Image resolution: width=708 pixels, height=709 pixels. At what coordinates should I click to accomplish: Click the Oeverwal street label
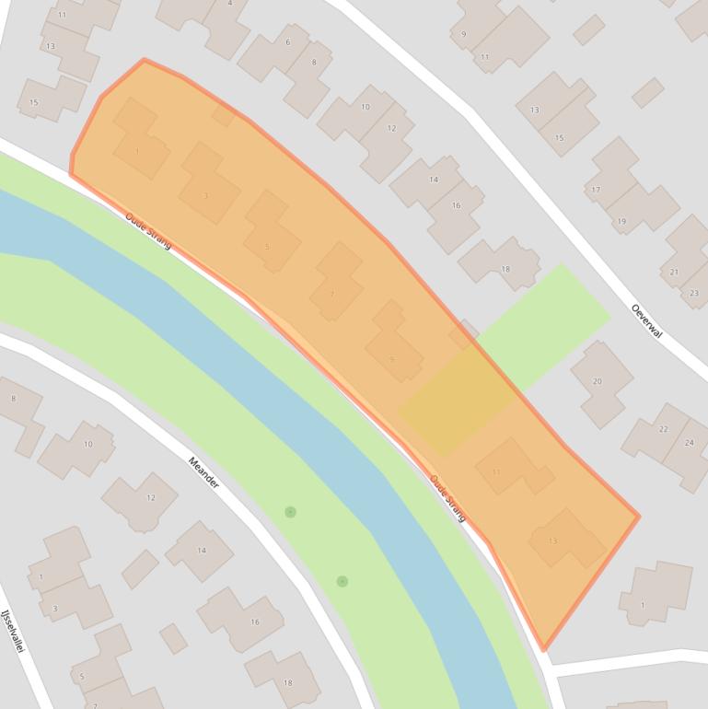(x=647, y=320)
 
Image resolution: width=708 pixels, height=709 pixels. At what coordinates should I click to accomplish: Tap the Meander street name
(x=203, y=472)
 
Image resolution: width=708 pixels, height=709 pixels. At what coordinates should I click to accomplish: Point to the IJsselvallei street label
(x=10, y=632)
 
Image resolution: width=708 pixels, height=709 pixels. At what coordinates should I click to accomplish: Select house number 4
(x=230, y=4)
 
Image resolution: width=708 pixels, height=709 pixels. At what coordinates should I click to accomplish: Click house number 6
(x=288, y=42)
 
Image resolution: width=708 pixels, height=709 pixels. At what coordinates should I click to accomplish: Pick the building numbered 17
(x=596, y=190)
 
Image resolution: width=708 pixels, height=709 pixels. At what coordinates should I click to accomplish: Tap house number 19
(x=621, y=221)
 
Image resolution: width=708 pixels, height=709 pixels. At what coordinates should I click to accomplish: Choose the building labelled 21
(x=674, y=272)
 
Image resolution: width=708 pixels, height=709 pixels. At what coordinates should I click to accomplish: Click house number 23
(x=693, y=293)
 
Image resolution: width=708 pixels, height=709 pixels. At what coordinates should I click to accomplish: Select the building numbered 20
(x=597, y=381)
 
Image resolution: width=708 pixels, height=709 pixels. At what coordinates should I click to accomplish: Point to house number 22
(x=663, y=429)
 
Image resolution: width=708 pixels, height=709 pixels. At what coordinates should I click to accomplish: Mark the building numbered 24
(x=689, y=443)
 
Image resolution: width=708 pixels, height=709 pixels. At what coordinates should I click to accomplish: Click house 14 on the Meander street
(x=201, y=551)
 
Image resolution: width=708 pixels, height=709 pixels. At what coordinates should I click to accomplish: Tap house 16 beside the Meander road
(x=255, y=622)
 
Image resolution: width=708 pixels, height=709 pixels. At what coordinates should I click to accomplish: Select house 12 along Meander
(x=150, y=498)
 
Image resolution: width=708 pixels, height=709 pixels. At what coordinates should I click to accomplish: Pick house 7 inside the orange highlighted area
(x=332, y=295)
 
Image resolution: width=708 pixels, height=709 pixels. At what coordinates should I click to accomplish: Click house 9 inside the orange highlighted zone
(x=392, y=358)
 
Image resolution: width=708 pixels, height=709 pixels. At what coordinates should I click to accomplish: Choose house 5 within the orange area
(x=267, y=247)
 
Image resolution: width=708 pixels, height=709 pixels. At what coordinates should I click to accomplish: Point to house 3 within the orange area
(x=205, y=195)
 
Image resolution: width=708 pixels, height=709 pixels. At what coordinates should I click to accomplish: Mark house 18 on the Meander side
(x=287, y=682)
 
